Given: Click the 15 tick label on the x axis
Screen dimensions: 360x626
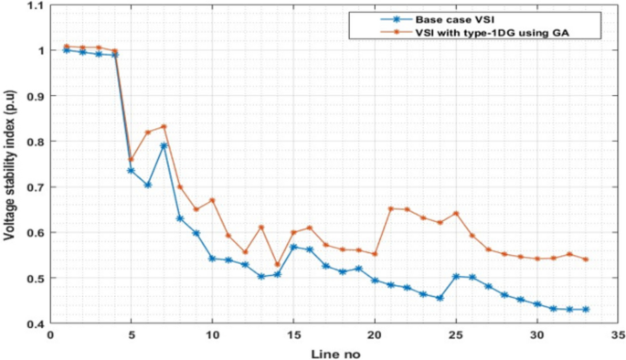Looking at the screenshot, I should coord(293,335).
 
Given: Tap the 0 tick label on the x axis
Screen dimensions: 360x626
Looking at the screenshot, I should coord(50,335).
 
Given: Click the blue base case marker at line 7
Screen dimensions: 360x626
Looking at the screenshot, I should coord(164,145).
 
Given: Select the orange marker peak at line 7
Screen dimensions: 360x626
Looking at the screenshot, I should coord(164,126).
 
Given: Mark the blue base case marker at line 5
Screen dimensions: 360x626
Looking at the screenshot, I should coord(131,171).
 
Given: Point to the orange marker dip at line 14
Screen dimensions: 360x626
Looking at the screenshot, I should coord(277,264).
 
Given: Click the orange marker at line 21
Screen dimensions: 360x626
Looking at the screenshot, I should coord(391,208).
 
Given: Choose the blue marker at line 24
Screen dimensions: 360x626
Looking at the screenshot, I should coord(440,298).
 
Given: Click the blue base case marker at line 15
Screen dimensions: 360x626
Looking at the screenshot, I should coord(293,247).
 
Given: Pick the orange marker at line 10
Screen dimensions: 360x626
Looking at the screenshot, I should coord(212,200).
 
